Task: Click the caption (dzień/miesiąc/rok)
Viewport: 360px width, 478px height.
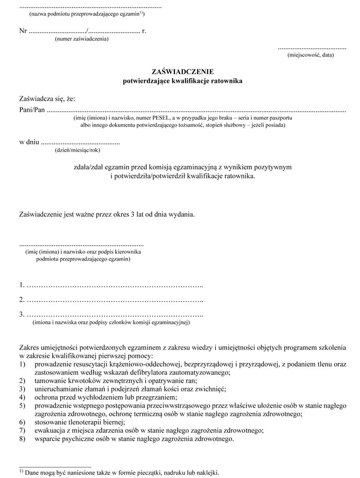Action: click(x=77, y=151)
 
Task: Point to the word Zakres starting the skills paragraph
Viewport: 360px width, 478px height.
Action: click(x=30, y=347)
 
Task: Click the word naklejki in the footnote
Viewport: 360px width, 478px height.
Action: click(x=206, y=472)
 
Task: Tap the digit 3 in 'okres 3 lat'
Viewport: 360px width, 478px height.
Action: click(x=132, y=215)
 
